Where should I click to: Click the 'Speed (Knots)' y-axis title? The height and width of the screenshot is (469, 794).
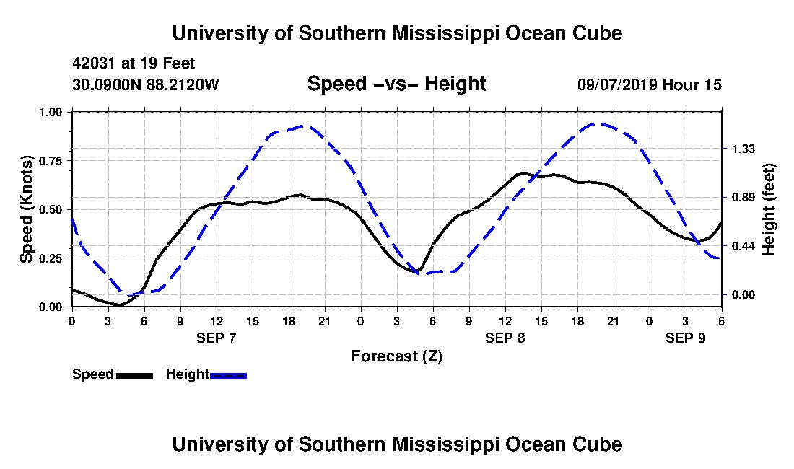point(27,209)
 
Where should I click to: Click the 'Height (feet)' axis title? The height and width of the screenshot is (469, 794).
point(769,209)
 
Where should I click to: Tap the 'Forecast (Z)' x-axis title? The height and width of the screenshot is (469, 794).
point(396,356)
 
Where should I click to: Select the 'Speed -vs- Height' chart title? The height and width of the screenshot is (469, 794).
point(396,84)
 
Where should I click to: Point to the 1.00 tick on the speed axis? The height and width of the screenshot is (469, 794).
point(51,112)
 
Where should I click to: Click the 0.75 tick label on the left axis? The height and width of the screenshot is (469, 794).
point(51,160)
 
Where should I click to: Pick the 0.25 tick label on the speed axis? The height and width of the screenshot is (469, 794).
point(51,258)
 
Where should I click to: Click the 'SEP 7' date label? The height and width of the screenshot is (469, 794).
point(217,338)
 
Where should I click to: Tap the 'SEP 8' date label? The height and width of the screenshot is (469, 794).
point(505,338)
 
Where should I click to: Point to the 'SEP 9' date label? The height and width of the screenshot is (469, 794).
point(686,338)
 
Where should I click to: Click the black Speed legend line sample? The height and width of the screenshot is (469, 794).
point(134,374)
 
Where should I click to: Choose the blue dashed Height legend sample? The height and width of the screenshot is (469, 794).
point(228,374)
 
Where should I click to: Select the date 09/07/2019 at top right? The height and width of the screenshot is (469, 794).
point(616,84)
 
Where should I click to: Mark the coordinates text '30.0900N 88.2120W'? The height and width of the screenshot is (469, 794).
point(145,84)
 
